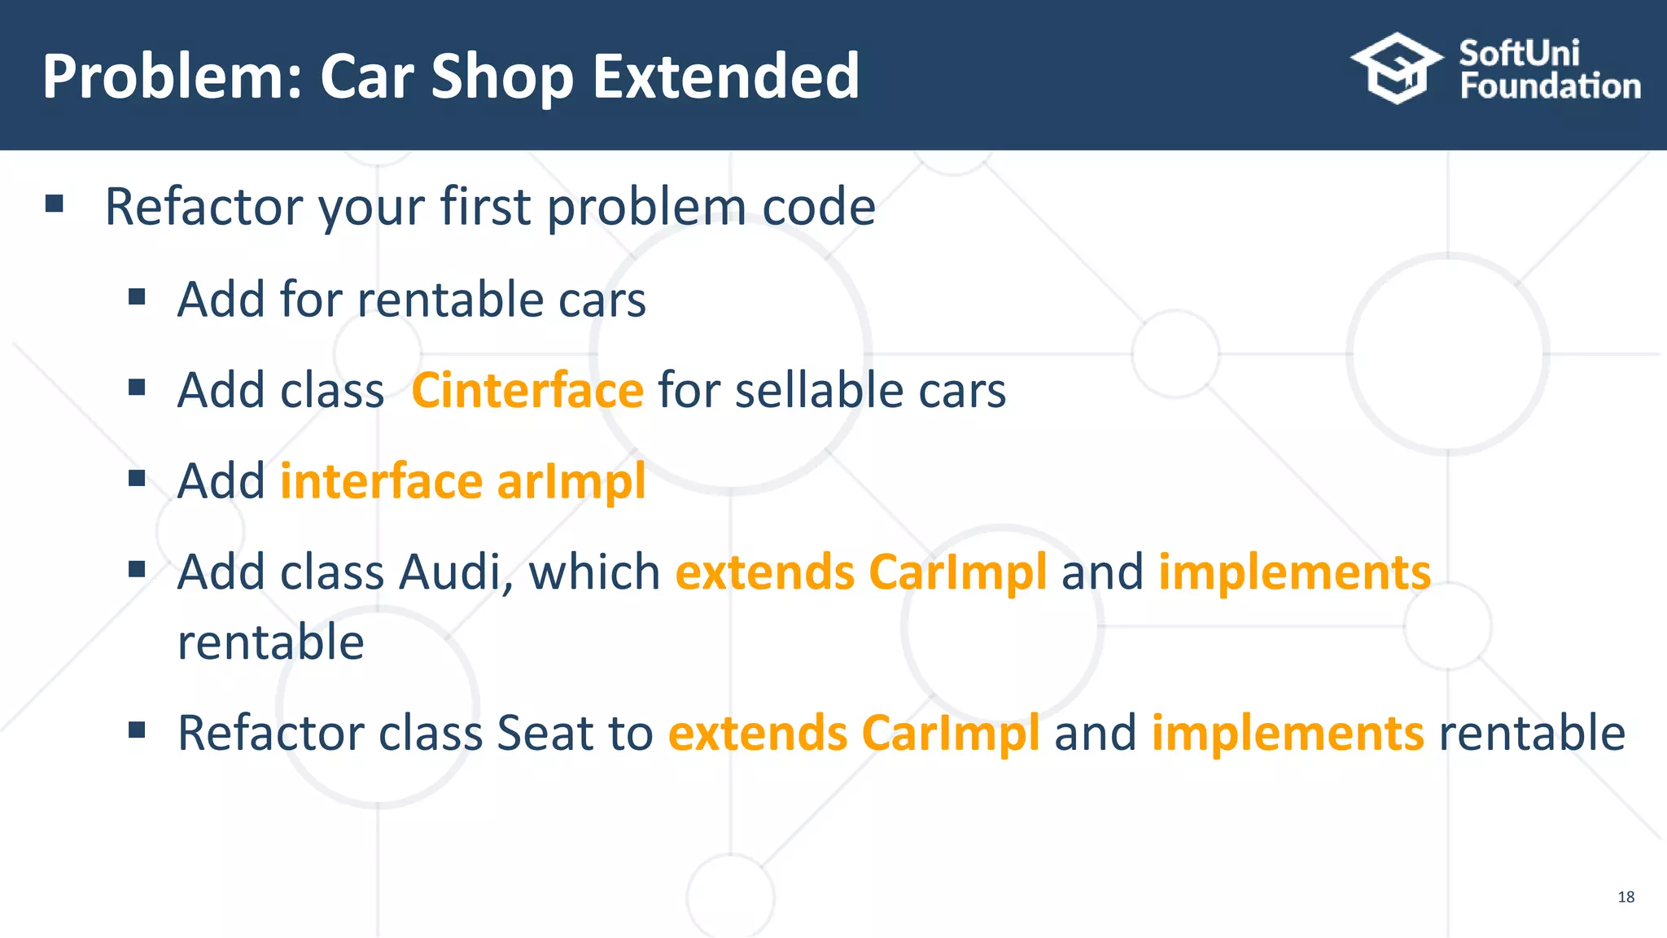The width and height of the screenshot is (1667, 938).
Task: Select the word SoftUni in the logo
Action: click(1519, 54)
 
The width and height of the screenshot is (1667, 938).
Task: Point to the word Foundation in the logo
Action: click(1550, 86)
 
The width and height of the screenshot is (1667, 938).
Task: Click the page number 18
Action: click(1625, 896)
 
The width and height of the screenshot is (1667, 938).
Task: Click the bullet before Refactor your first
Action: click(55, 204)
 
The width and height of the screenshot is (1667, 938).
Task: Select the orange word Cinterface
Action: click(527, 390)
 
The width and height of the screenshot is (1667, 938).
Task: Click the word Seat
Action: click(545, 733)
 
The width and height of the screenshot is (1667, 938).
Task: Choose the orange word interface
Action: click(381, 481)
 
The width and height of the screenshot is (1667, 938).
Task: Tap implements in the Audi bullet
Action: click(1294, 572)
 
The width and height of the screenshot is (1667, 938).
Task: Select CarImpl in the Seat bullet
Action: click(950, 733)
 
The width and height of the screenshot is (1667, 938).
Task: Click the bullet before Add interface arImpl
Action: click(137, 478)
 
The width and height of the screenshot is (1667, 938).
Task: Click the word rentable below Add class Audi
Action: click(270, 642)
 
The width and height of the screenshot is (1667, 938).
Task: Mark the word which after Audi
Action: click(594, 572)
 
